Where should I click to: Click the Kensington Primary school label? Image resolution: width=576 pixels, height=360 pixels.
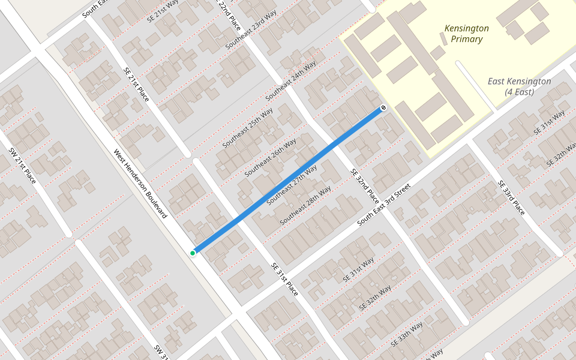466,34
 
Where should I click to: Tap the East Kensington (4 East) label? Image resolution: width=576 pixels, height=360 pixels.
519,86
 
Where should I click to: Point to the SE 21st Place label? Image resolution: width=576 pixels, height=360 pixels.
136,83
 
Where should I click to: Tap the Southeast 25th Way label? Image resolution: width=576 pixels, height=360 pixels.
248,128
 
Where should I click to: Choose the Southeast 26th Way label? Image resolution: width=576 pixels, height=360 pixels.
271,158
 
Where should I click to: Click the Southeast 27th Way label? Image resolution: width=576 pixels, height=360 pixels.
292,185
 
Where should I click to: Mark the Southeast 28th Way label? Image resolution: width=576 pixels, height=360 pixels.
305,206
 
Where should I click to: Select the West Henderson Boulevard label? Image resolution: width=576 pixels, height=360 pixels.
140,182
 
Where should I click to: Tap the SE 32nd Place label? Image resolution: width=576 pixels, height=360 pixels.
365,186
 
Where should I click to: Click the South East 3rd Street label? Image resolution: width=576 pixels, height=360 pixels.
383,205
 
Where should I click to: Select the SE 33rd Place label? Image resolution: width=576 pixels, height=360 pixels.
511,198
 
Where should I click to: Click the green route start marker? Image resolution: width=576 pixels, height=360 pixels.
193,253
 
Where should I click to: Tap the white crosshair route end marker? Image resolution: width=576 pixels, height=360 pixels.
383,108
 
